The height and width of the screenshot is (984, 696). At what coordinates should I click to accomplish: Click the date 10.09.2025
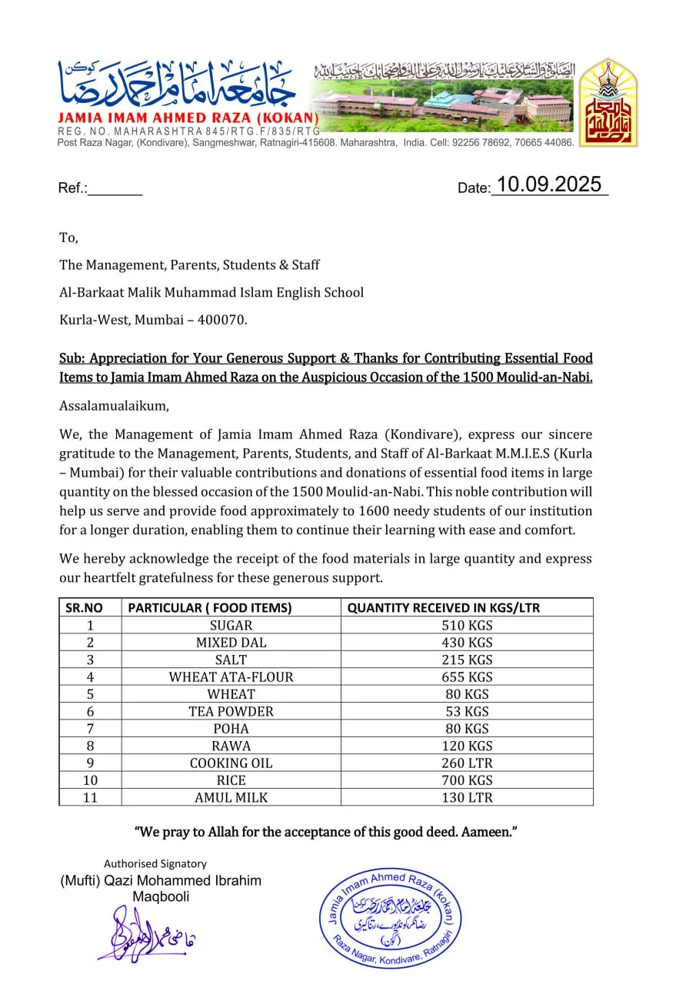coord(548,185)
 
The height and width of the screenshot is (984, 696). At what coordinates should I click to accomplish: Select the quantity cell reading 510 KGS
coord(467,625)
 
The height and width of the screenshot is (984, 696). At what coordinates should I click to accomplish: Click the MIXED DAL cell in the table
coord(231,643)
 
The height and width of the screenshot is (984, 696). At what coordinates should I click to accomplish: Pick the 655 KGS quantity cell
coord(467,677)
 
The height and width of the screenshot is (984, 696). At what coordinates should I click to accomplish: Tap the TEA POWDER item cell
coord(231,712)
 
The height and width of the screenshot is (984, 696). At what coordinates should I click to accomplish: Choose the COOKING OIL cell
coord(231,763)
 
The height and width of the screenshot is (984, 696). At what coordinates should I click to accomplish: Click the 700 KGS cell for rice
coord(467,780)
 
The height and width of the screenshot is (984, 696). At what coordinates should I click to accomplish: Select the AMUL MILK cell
coord(231,798)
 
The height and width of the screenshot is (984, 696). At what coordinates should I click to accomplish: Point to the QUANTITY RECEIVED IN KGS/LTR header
coord(444,607)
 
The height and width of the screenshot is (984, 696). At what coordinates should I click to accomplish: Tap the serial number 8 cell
coord(90,746)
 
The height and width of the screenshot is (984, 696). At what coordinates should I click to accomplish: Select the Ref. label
coord(73,188)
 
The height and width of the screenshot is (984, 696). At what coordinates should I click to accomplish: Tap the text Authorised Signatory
coord(155,863)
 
